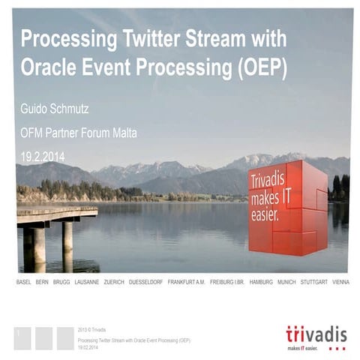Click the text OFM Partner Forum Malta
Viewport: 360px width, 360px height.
pos(79,133)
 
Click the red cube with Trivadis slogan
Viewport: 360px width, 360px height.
pos(286,206)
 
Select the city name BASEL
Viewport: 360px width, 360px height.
pos(23,282)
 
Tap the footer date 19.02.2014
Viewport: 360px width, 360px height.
pos(90,346)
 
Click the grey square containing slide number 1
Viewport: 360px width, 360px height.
pos(22,337)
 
